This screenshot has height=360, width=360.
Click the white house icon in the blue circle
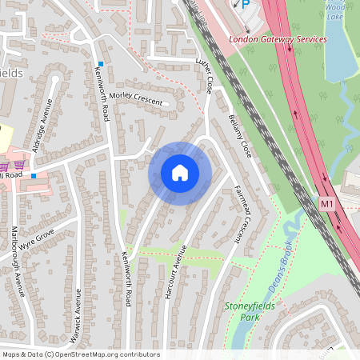(x=180, y=172)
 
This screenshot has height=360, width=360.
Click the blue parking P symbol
(x=246, y=4)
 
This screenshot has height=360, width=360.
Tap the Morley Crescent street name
(x=135, y=98)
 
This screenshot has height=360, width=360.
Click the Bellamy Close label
(x=241, y=135)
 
